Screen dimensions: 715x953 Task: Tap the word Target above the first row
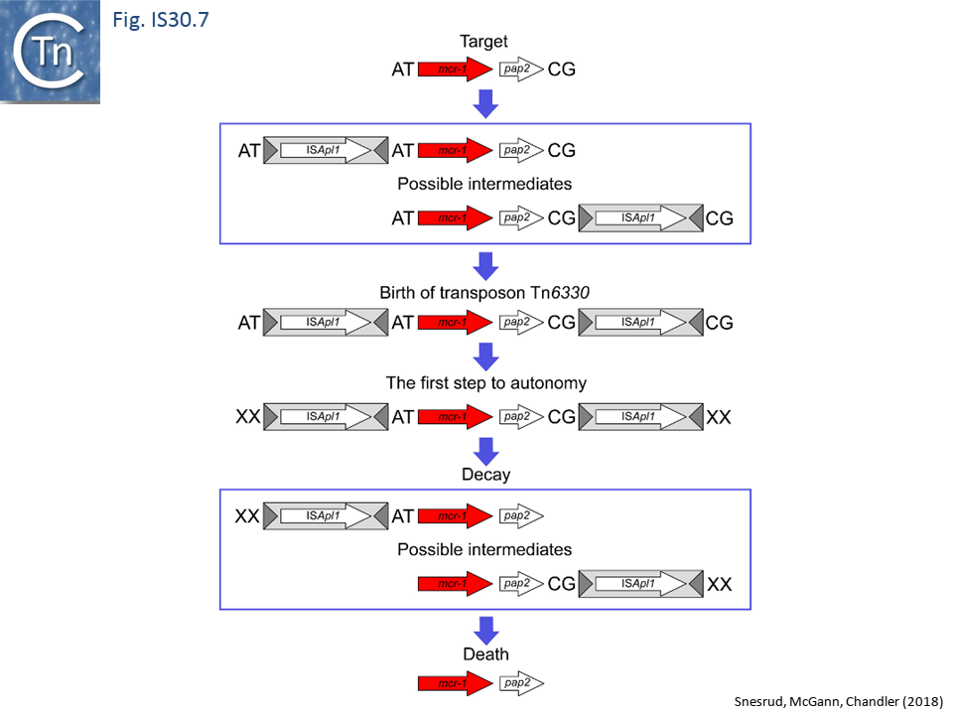pyautogui.click(x=484, y=42)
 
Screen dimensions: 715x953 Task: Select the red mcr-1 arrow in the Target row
pyautogui.click(x=455, y=70)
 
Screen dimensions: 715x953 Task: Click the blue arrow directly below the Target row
pyautogui.click(x=485, y=102)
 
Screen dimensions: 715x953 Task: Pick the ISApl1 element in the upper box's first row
pyautogui.click(x=326, y=151)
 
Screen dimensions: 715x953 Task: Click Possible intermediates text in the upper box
pyautogui.click(x=484, y=184)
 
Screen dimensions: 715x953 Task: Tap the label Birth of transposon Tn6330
pyautogui.click(x=484, y=293)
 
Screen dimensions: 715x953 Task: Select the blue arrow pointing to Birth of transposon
pyautogui.click(x=485, y=265)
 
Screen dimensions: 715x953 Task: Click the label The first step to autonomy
pyautogui.click(x=484, y=383)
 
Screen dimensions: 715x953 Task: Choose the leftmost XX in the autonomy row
pyautogui.click(x=247, y=417)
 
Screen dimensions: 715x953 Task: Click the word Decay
pyautogui.click(x=485, y=475)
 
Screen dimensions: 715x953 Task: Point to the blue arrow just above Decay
pyautogui.click(x=485, y=448)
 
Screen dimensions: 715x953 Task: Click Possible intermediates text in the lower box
pyautogui.click(x=484, y=549)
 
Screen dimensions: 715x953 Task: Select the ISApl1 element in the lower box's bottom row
pyautogui.click(x=641, y=584)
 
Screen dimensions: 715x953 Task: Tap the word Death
pyautogui.click(x=485, y=653)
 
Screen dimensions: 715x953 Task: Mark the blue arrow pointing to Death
pyautogui.click(x=485, y=630)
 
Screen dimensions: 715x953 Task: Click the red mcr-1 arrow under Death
pyautogui.click(x=455, y=683)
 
